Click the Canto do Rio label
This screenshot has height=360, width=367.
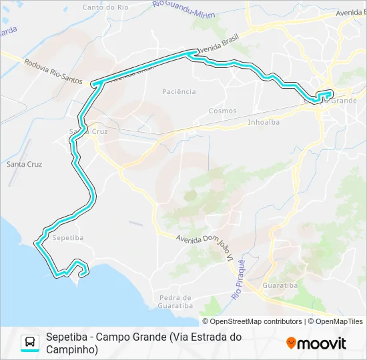[105, 7]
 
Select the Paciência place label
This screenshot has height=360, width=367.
[179, 91]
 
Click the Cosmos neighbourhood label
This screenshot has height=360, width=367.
[222, 111]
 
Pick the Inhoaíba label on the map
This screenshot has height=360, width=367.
[263, 122]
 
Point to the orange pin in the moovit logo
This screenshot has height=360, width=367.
[291, 343]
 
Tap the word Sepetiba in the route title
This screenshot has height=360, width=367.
[67, 337]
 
